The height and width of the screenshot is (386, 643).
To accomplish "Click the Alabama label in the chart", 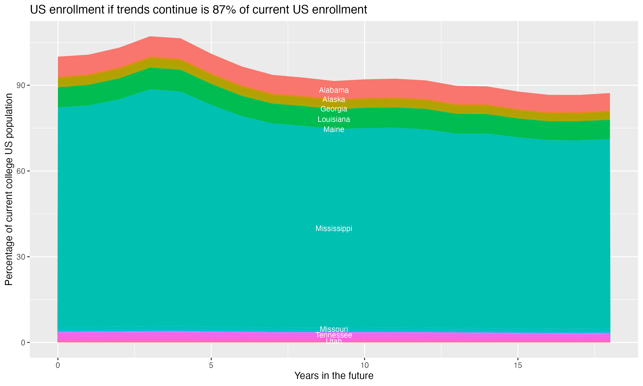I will pyautogui.click(x=334, y=90).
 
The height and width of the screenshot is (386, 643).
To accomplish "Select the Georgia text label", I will pyautogui.click(x=334, y=109).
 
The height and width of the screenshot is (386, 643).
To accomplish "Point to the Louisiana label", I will pyautogui.click(x=334, y=120).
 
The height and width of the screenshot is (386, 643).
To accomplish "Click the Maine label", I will pyautogui.click(x=334, y=130).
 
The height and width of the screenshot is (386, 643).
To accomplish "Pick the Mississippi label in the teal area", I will pyautogui.click(x=334, y=229).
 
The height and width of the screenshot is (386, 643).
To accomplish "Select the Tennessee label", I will pyautogui.click(x=334, y=335).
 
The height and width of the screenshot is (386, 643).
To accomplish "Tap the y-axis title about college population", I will pyautogui.click(x=9, y=189).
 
